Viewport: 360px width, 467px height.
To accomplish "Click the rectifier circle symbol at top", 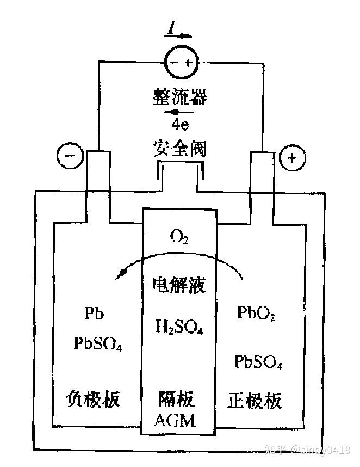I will [x=180, y=62].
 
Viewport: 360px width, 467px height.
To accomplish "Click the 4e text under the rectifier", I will [x=180, y=126].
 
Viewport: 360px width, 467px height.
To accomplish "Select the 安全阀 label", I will [x=180, y=148].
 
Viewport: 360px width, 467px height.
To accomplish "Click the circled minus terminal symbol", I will [x=70, y=157].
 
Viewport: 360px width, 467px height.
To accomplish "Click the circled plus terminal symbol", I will [x=292, y=158].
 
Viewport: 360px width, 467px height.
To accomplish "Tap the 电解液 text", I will [x=179, y=283].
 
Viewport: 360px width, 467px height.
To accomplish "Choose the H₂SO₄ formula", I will [x=179, y=327].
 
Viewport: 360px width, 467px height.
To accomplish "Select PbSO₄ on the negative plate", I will [x=98, y=344].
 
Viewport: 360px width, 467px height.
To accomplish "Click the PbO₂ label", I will [x=256, y=313].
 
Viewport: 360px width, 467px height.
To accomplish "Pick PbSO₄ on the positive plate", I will [x=258, y=361].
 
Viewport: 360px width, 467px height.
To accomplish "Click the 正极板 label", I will [x=255, y=401].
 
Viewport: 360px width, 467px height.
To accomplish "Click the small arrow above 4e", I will [x=179, y=112].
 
